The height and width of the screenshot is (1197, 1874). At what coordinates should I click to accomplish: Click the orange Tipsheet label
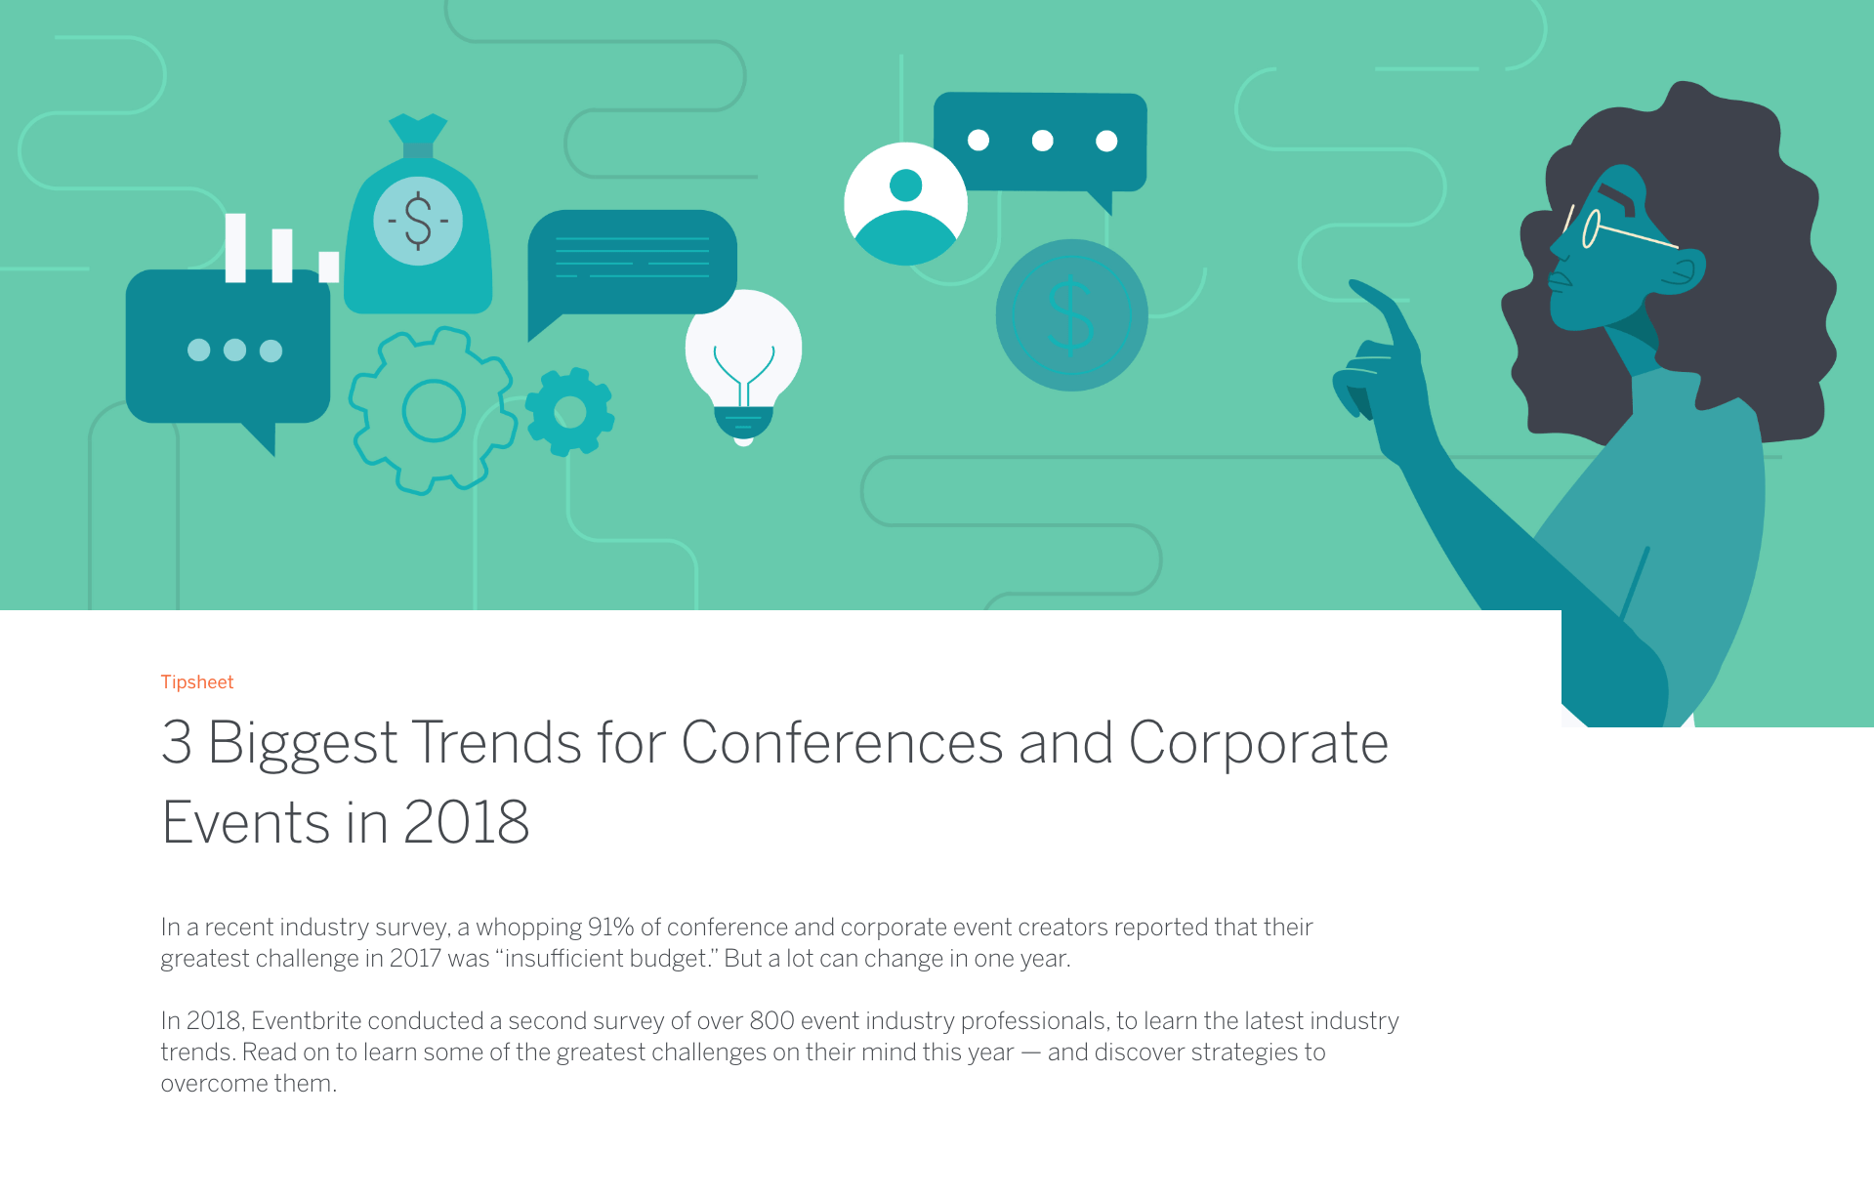pyautogui.click(x=197, y=681)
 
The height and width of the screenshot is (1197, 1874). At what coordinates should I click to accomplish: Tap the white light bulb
pyautogui.click(x=743, y=367)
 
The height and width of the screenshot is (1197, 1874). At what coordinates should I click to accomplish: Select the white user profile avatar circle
pyautogui.click(x=905, y=203)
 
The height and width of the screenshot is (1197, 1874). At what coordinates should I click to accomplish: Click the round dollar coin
pyautogui.click(x=1071, y=314)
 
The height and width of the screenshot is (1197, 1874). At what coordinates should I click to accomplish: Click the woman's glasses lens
pyautogui.click(x=1591, y=230)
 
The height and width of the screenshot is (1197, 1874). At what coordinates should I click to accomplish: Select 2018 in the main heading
pyautogui.click(x=466, y=822)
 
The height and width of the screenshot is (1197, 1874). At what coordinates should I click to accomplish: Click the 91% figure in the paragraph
pyautogui.click(x=611, y=927)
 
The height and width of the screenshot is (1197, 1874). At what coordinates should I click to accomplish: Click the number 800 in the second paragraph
pyautogui.click(x=771, y=1020)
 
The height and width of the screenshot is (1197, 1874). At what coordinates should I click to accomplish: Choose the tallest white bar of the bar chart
pyautogui.click(x=235, y=248)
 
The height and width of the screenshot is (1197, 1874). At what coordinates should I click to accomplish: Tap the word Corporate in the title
pyautogui.click(x=1259, y=744)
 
